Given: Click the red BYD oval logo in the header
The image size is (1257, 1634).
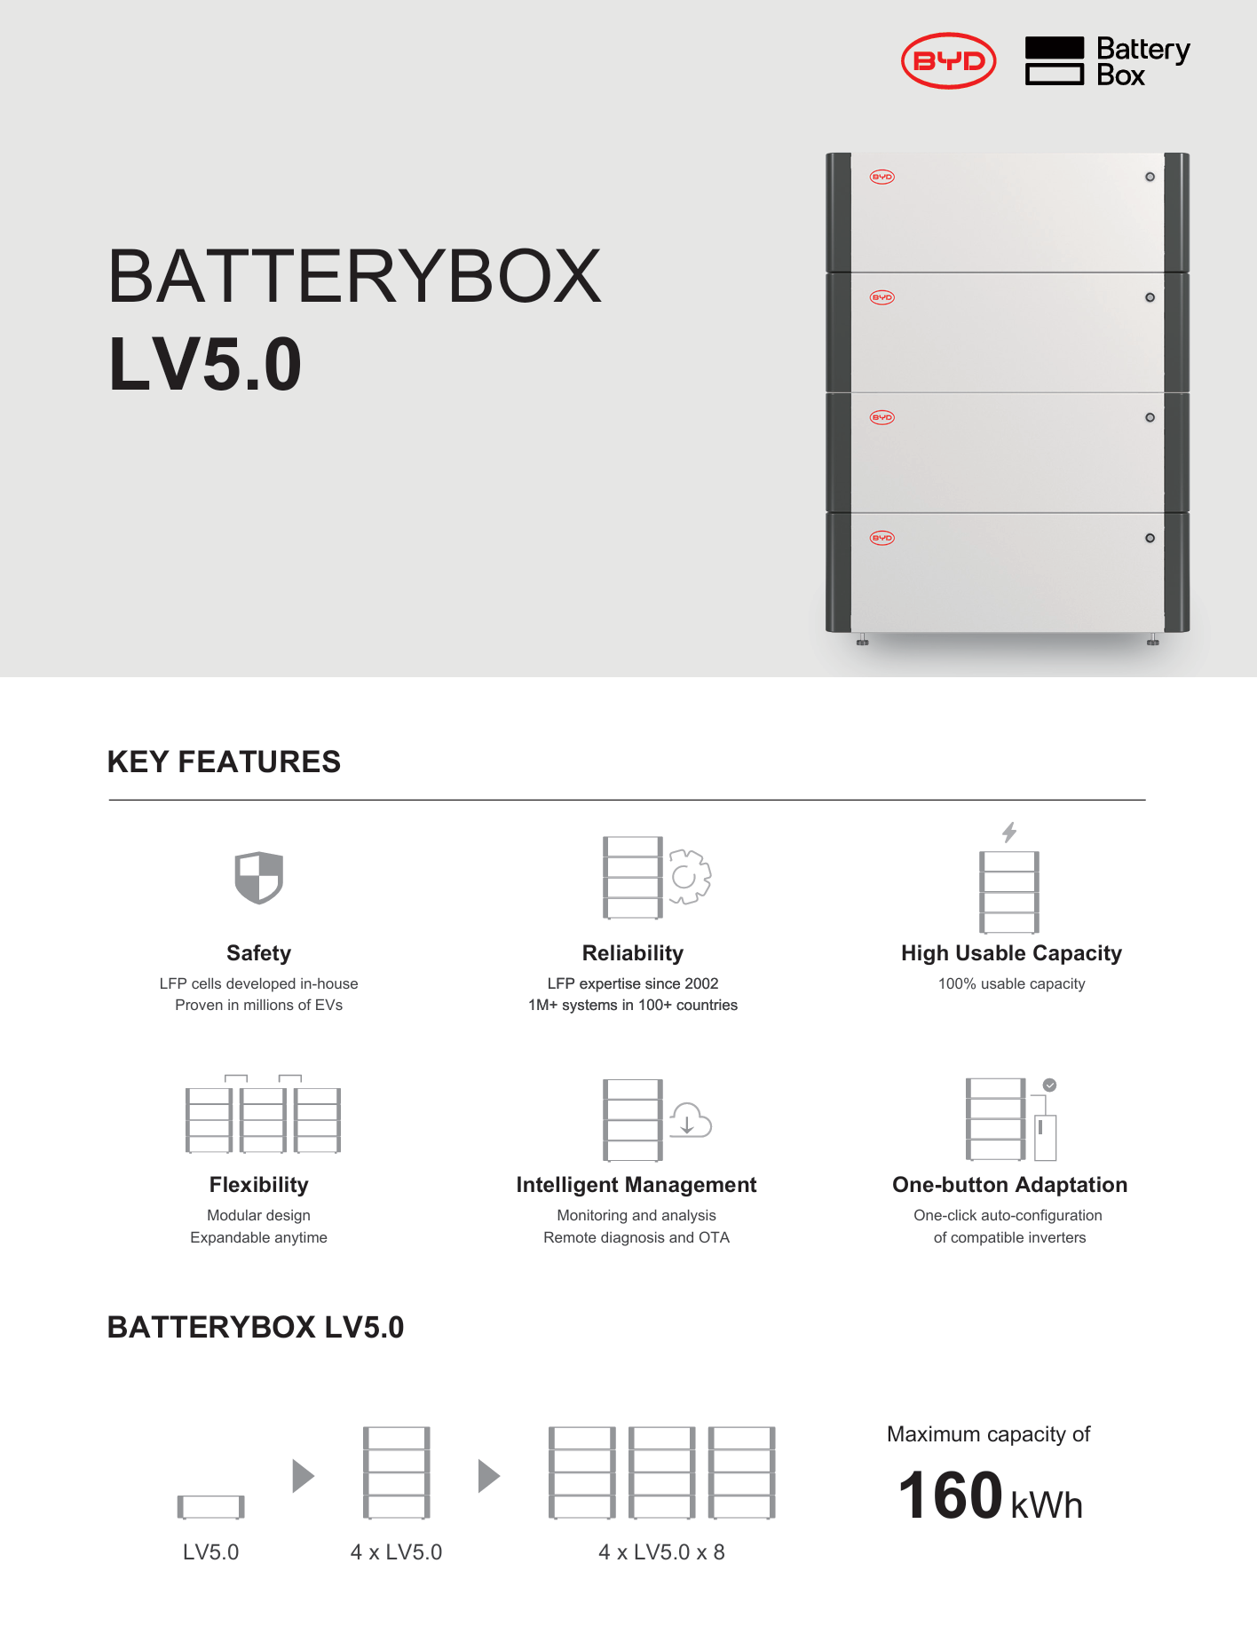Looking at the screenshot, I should tap(948, 61).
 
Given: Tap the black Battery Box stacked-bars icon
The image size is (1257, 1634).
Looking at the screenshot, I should tap(1054, 61).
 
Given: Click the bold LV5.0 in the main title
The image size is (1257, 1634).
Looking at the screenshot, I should tap(205, 364).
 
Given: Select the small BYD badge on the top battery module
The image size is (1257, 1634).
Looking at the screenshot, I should tap(881, 177).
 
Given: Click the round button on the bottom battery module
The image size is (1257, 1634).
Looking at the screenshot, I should tap(1150, 538).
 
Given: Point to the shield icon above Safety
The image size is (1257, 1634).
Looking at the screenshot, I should tap(258, 877).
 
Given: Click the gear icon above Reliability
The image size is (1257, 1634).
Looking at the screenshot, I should tap(689, 877).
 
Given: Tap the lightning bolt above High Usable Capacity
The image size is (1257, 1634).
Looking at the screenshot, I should tap(1009, 832).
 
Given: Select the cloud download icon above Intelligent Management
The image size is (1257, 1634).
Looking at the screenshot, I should tap(690, 1121).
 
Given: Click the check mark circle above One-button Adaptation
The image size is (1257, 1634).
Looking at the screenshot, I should tap(1049, 1085).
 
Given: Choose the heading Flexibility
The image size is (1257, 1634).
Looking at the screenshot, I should tap(258, 1185).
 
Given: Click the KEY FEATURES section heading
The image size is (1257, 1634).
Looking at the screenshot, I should tap(224, 762).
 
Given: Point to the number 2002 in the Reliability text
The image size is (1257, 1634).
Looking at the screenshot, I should tap(701, 983).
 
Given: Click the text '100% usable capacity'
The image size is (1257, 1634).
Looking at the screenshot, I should tap(1011, 983).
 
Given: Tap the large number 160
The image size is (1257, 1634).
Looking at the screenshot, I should tap(950, 1496).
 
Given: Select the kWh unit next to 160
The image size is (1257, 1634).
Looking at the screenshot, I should tap(1047, 1505).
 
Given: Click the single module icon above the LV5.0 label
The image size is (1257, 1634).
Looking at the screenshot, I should tap(210, 1506).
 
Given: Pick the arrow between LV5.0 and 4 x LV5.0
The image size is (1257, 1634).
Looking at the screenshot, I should tap(303, 1476).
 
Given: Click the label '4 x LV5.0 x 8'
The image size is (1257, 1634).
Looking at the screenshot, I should tap(661, 1552).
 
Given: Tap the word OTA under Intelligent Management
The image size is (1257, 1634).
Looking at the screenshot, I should tap(714, 1237).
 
